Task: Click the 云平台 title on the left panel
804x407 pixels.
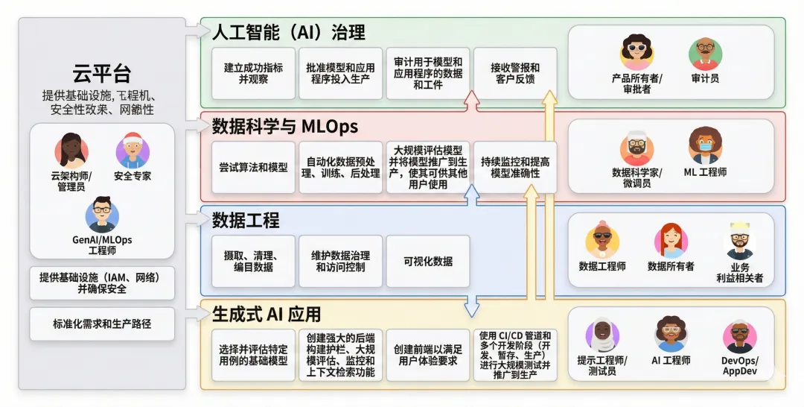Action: point(102,73)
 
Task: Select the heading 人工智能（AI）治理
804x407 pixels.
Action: point(288,32)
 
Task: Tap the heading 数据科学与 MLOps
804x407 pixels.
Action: point(285,125)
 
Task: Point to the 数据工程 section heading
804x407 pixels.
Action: point(246,220)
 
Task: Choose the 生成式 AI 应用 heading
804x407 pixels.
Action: point(267,313)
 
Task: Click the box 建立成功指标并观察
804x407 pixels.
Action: point(253,73)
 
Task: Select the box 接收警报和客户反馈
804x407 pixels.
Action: point(514,73)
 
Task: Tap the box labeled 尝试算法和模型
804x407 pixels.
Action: point(253,167)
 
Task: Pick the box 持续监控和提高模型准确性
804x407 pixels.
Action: point(514,167)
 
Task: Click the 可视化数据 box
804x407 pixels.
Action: point(427,261)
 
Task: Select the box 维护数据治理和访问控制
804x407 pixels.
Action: point(340,261)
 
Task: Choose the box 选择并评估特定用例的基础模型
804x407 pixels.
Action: point(253,355)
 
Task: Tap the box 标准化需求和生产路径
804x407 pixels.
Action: point(102,324)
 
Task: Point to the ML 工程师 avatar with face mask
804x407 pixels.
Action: point(704,145)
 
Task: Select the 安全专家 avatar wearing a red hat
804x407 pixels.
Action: point(133,151)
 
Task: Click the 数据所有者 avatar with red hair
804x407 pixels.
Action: point(670,241)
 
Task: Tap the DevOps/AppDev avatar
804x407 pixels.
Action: point(739,337)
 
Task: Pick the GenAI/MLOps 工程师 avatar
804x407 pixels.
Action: point(102,215)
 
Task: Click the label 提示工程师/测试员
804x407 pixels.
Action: point(602,365)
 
